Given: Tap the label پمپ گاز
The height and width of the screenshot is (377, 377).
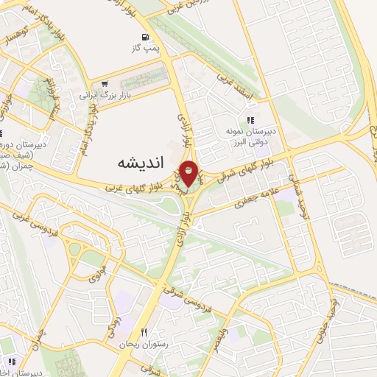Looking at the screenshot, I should click(x=145, y=49).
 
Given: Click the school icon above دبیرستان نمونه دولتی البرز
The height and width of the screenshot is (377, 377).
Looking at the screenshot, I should click(x=251, y=119).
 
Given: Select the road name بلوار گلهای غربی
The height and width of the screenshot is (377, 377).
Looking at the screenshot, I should click(x=131, y=187).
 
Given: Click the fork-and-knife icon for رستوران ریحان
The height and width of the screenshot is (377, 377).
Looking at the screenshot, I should click(x=144, y=333).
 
